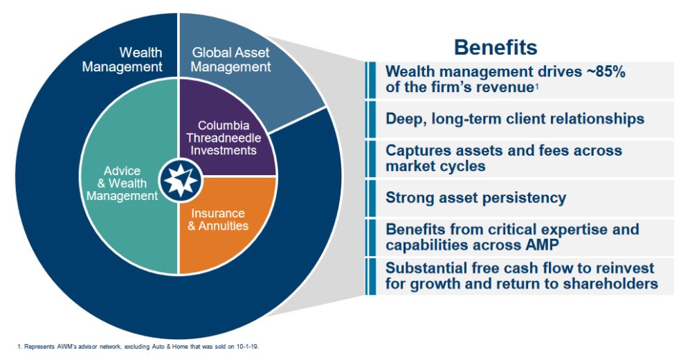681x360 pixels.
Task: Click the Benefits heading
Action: click(495, 47)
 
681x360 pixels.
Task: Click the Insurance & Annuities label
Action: click(218, 219)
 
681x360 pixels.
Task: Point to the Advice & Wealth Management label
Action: click(131, 183)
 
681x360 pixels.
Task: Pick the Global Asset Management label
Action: click(230, 60)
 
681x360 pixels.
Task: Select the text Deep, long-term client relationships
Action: click(514, 119)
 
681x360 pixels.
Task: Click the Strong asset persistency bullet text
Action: click(475, 198)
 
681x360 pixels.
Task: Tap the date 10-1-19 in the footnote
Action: click(248, 345)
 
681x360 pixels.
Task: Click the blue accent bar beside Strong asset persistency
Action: click(370, 198)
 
